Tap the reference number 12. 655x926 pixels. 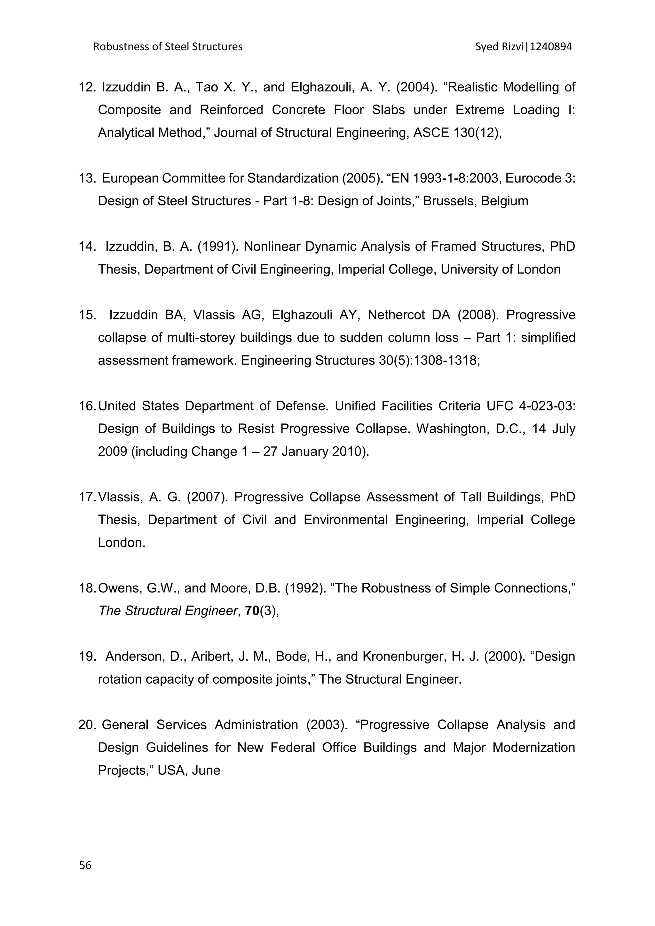pyautogui.click(x=86, y=87)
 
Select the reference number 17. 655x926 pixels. pyautogui.click(x=86, y=497)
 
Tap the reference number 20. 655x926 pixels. pyautogui.click(x=86, y=725)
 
